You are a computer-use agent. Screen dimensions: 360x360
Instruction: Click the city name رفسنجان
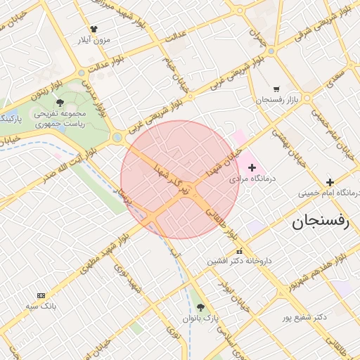point(320,224)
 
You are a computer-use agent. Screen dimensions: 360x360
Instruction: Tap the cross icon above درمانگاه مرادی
point(252,167)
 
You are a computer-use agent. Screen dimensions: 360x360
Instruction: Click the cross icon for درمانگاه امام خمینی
point(330,182)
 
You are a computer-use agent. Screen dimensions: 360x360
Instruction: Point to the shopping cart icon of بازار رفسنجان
point(276,89)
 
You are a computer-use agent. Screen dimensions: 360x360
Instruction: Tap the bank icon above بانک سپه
point(41,295)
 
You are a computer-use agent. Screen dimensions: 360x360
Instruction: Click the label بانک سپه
point(41,307)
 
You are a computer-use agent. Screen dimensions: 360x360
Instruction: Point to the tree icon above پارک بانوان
point(201,307)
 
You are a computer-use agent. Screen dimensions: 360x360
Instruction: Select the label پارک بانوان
point(201,319)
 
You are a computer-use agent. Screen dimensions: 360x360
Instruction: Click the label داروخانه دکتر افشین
point(238,261)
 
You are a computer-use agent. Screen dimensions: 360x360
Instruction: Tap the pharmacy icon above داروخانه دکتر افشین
point(239,251)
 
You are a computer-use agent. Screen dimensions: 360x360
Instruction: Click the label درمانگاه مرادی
point(253,179)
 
